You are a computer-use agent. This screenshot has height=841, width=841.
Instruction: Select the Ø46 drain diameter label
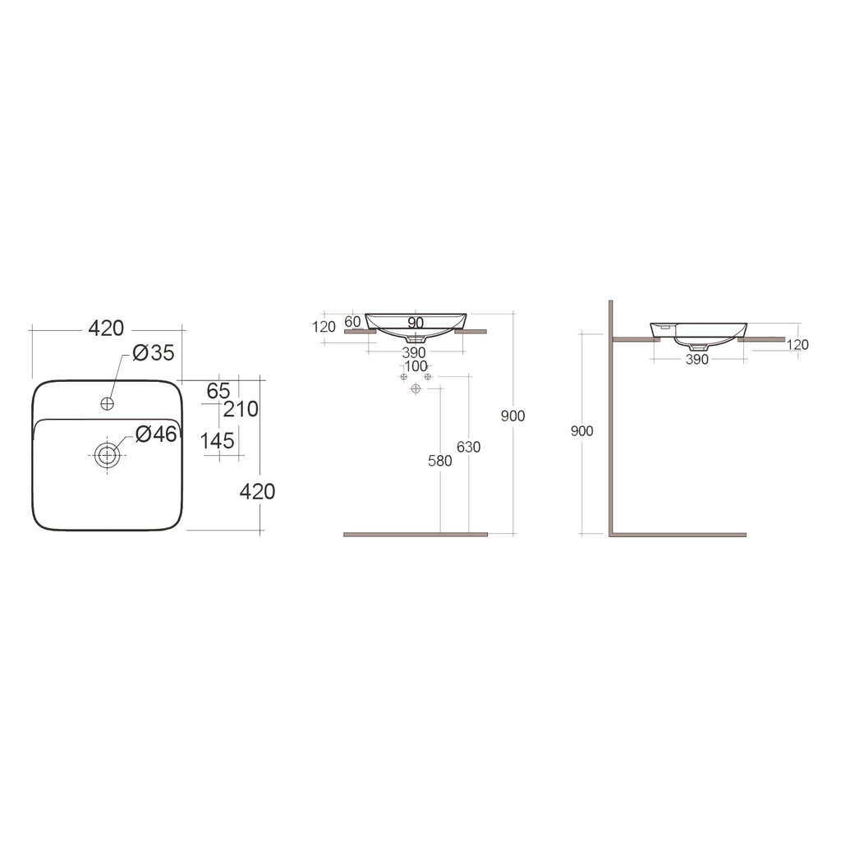(156, 434)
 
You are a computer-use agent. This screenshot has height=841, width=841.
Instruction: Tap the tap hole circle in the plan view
(107, 403)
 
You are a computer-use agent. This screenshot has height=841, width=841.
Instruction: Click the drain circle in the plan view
(107, 455)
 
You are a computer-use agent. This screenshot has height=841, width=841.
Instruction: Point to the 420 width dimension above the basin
(106, 329)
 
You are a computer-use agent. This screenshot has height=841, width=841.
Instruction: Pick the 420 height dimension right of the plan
(257, 492)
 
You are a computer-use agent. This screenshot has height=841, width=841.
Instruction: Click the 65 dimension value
(218, 391)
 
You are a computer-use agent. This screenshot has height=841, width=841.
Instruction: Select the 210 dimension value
(241, 409)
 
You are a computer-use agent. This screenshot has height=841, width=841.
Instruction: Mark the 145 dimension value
(218, 441)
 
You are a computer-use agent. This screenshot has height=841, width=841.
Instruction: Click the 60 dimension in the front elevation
(353, 321)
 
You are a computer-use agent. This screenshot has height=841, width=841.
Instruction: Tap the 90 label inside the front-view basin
(416, 322)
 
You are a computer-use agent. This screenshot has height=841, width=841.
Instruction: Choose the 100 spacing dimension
(416, 366)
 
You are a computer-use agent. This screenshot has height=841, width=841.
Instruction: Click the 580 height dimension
(440, 462)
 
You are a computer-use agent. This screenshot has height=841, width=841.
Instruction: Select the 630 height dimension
(469, 448)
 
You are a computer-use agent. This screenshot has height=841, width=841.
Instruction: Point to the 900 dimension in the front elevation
(512, 416)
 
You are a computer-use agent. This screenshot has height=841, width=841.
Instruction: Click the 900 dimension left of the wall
(581, 431)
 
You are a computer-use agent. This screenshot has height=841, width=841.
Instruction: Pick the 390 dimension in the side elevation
(696, 360)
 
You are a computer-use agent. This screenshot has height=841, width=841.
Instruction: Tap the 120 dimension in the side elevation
(797, 345)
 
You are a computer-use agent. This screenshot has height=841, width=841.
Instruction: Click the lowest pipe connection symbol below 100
(416, 388)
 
